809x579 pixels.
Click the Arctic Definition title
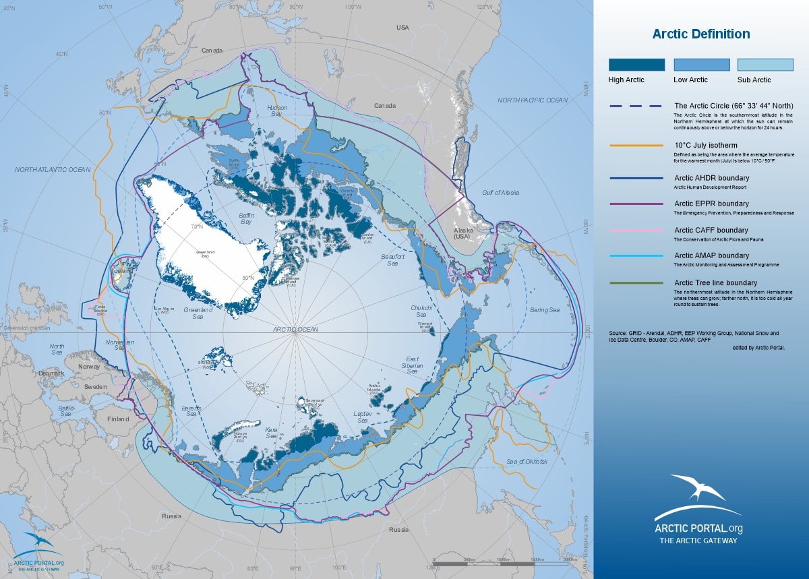[701, 34]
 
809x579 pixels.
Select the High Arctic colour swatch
[636, 65]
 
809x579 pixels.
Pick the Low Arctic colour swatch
[702, 65]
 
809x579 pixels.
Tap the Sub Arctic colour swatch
[765, 65]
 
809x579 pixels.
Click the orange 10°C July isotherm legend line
[636, 146]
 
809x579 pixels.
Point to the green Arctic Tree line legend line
[636, 283]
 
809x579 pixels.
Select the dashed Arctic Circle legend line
[636, 106]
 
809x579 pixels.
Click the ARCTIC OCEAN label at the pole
[295, 329]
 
